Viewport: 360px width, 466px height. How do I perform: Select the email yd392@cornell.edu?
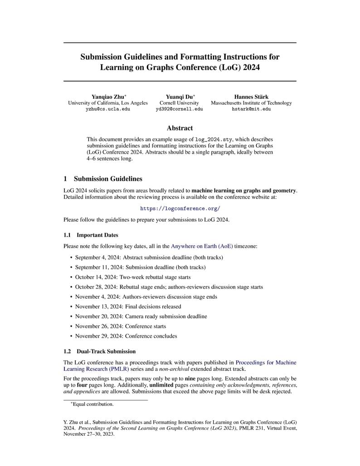179,109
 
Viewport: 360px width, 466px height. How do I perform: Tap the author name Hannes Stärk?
251,97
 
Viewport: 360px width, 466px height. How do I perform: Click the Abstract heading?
180,128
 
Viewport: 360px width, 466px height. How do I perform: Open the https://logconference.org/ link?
180,209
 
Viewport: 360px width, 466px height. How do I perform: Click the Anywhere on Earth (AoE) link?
202,246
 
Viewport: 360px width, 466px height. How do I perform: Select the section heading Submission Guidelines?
108,179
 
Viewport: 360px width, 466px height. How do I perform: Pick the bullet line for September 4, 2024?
149,257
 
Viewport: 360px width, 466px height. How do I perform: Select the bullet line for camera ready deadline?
141,316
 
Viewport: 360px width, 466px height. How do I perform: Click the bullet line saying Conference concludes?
126,336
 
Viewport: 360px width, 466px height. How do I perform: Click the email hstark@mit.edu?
251,109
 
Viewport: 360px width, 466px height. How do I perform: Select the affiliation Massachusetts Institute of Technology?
251,103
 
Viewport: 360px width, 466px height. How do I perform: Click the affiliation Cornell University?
179,103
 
